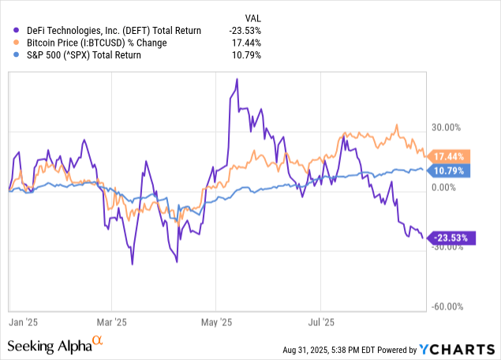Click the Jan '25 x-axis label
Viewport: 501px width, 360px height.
click(24, 322)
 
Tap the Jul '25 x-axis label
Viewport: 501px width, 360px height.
click(320, 322)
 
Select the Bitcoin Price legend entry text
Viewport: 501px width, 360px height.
click(98, 43)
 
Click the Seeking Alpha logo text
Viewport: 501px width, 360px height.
click(52, 346)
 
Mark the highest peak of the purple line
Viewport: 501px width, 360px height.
click(237, 80)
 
